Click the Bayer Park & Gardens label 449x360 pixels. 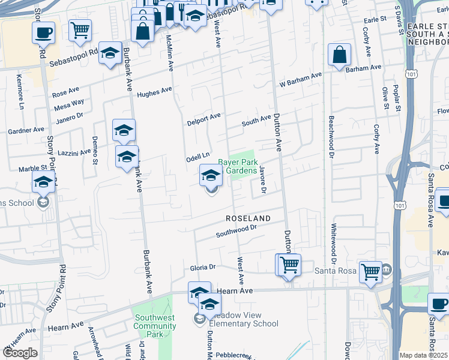click(x=237, y=166)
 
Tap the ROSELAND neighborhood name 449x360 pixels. click(x=248, y=218)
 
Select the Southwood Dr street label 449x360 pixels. click(x=236, y=230)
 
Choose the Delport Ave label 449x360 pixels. click(x=203, y=118)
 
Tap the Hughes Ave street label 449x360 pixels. click(x=154, y=92)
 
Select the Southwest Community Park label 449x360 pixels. click(x=155, y=326)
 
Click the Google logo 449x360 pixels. click(x=20, y=353)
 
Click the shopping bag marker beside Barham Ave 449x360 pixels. click(x=340, y=55)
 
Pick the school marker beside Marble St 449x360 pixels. click(x=43, y=182)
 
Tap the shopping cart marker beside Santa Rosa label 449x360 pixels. click(x=370, y=272)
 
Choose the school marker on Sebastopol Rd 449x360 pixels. click(x=110, y=54)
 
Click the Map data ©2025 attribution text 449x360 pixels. click(x=424, y=355)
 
